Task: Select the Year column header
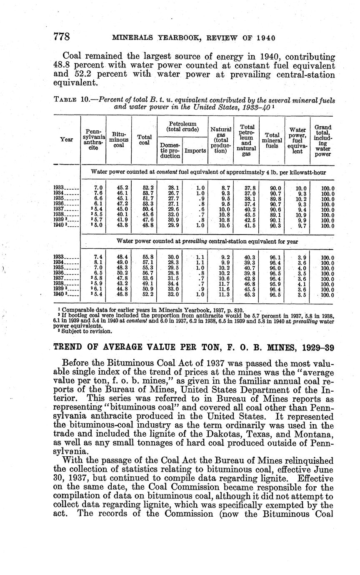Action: (x=67, y=140)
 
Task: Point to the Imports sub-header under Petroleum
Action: (x=195, y=150)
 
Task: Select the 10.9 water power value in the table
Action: (x=298, y=215)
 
